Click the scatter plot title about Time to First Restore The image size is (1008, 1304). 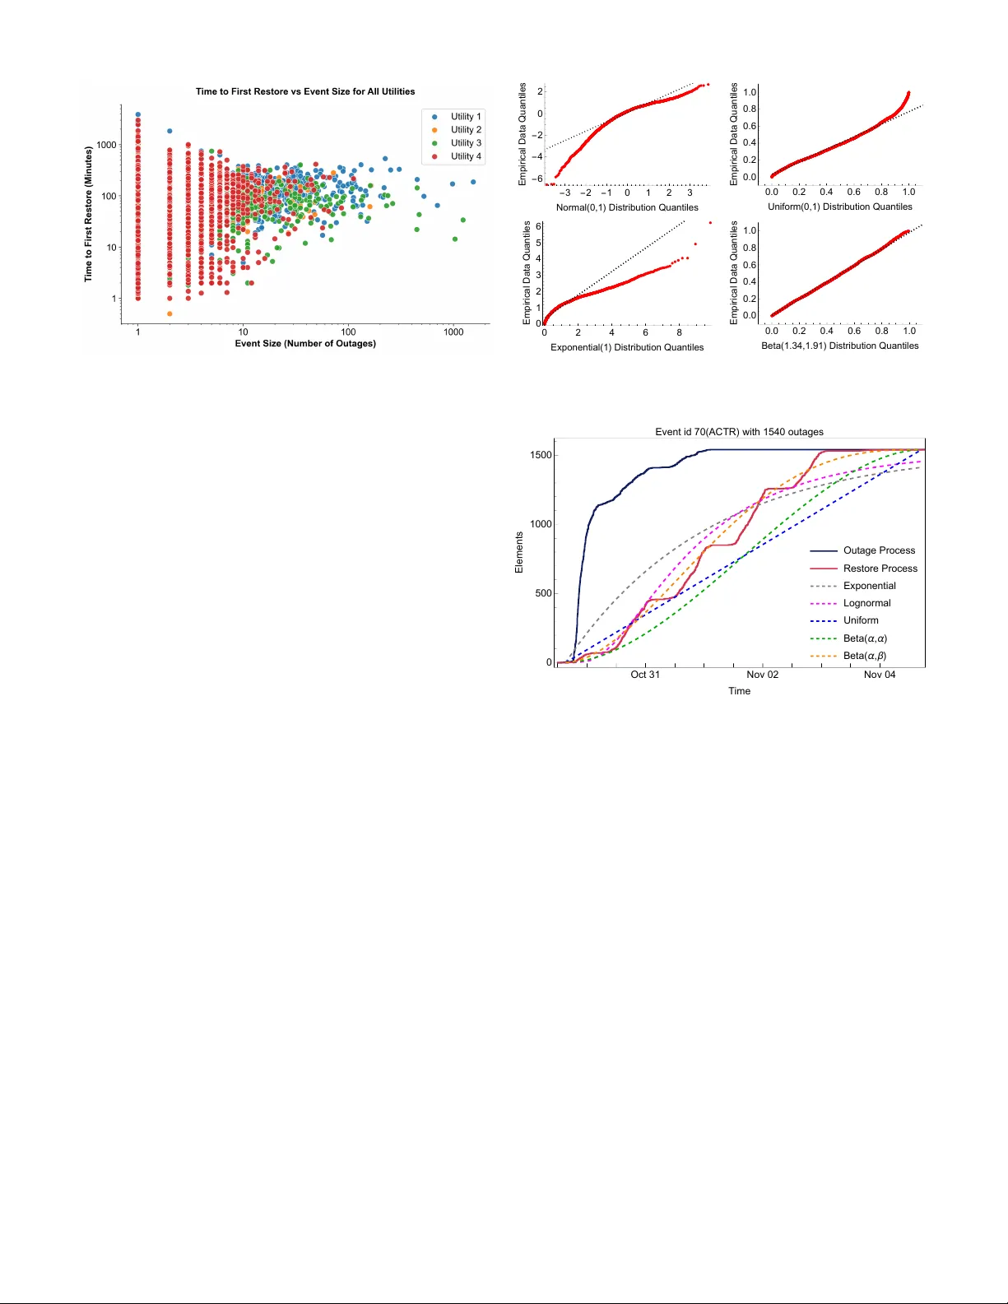pyautogui.click(x=305, y=91)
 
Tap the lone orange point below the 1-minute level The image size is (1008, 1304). pyautogui.click(x=170, y=313)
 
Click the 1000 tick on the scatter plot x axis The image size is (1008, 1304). pyautogui.click(x=453, y=332)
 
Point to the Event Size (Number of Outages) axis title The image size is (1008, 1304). pyautogui.click(x=305, y=343)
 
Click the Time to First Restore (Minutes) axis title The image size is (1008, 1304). pyautogui.click(x=88, y=215)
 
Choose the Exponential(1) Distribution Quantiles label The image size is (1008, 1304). pyautogui.click(x=627, y=347)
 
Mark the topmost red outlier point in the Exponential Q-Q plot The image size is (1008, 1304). pyautogui.click(x=710, y=223)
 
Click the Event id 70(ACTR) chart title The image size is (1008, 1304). pyautogui.click(x=739, y=432)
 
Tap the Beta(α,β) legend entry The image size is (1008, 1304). pyautogui.click(x=864, y=656)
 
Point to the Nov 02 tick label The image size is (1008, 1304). pyautogui.click(x=762, y=675)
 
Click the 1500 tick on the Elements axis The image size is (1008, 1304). pyautogui.click(x=541, y=455)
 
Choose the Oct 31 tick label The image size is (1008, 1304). pyautogui.click(x=645, y=675)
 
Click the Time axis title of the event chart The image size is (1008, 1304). pyautogui.click(x=739, y=691)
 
